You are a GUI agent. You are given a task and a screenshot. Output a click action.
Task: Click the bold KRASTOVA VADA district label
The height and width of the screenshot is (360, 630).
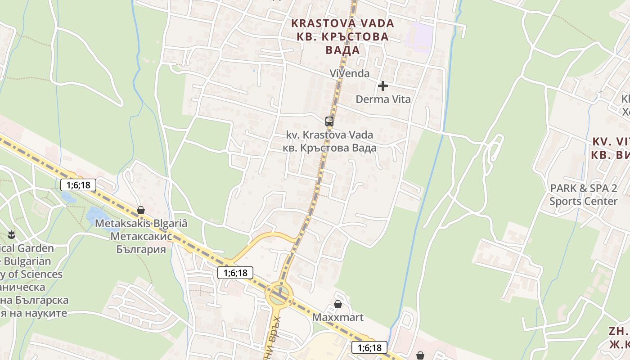click(342, 23)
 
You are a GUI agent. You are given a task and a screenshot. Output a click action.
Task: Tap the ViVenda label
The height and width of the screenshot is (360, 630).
click(349, 73)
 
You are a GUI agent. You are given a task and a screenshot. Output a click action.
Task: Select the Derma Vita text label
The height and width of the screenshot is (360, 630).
click(383, 99)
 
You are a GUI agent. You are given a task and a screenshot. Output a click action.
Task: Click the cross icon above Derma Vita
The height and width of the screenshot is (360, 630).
click(383, 85)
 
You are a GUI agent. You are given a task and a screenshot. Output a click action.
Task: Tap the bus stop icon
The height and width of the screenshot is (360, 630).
click(329, 121)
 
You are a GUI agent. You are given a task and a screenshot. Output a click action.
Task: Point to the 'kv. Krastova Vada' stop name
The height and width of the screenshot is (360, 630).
click(329, 135)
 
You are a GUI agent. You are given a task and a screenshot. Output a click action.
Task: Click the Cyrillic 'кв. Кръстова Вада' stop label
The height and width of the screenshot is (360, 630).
click(329, 148)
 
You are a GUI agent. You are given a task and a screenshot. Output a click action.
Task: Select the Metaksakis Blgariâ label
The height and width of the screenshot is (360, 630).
click(141, 223)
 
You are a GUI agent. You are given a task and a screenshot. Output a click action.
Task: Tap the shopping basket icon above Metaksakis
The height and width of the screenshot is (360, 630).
click(141, 210)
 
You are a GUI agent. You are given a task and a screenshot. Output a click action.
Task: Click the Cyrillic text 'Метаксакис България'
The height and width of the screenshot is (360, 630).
click(138, 243)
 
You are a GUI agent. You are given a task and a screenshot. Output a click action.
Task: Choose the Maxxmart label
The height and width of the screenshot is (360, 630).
click(337, 317)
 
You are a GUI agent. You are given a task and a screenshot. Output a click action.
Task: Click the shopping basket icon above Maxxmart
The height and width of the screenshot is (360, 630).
click(337, 305)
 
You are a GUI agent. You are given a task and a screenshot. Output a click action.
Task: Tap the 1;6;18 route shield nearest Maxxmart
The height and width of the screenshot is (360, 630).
click(369, 347)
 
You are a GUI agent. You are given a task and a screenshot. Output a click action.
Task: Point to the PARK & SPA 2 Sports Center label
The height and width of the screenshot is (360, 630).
click(583, 194)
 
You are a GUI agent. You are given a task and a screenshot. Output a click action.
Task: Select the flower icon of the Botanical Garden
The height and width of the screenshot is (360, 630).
click(11, 234)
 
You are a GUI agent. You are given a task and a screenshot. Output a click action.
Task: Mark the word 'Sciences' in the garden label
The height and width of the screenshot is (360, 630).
click(40, 274)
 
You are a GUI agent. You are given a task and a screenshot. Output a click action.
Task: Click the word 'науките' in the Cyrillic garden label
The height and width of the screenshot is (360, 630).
click(45, 313)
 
